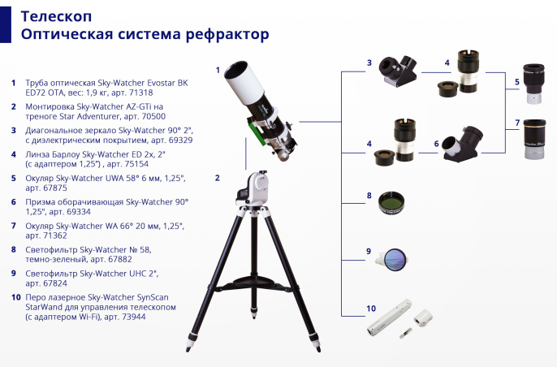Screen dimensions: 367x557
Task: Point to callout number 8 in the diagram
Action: pos(369,195)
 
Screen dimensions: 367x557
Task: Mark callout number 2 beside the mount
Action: pos(217,176)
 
